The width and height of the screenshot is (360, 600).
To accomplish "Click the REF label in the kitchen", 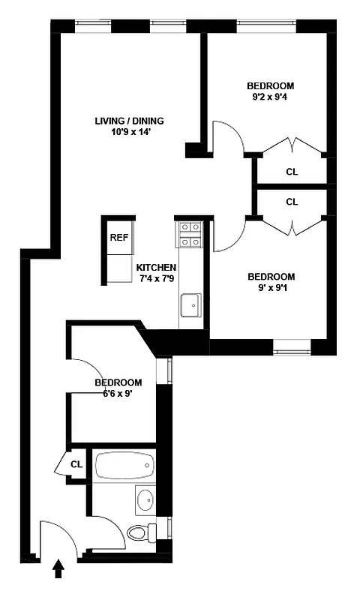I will [118, 238].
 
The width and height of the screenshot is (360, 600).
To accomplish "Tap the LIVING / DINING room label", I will [129, 121].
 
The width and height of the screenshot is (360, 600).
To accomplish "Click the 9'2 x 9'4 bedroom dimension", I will [271, 96].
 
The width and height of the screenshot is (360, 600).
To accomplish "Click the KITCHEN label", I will [156, 268].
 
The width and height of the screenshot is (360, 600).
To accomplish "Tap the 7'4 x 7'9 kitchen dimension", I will [156, 279].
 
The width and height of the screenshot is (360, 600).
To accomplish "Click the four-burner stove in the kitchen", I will [189, 233].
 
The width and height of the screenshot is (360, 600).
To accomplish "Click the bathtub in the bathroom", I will [124, 466].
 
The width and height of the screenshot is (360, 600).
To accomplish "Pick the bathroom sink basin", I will [145, 499].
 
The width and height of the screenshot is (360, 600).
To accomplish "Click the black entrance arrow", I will [58, 571].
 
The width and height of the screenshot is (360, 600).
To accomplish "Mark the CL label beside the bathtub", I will [76, 464].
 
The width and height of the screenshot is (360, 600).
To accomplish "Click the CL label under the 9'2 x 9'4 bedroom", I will [292, 172].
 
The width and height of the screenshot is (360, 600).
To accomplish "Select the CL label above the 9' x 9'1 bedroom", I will [292, 202].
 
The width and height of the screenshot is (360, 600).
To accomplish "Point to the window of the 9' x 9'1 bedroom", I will [292, 346].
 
